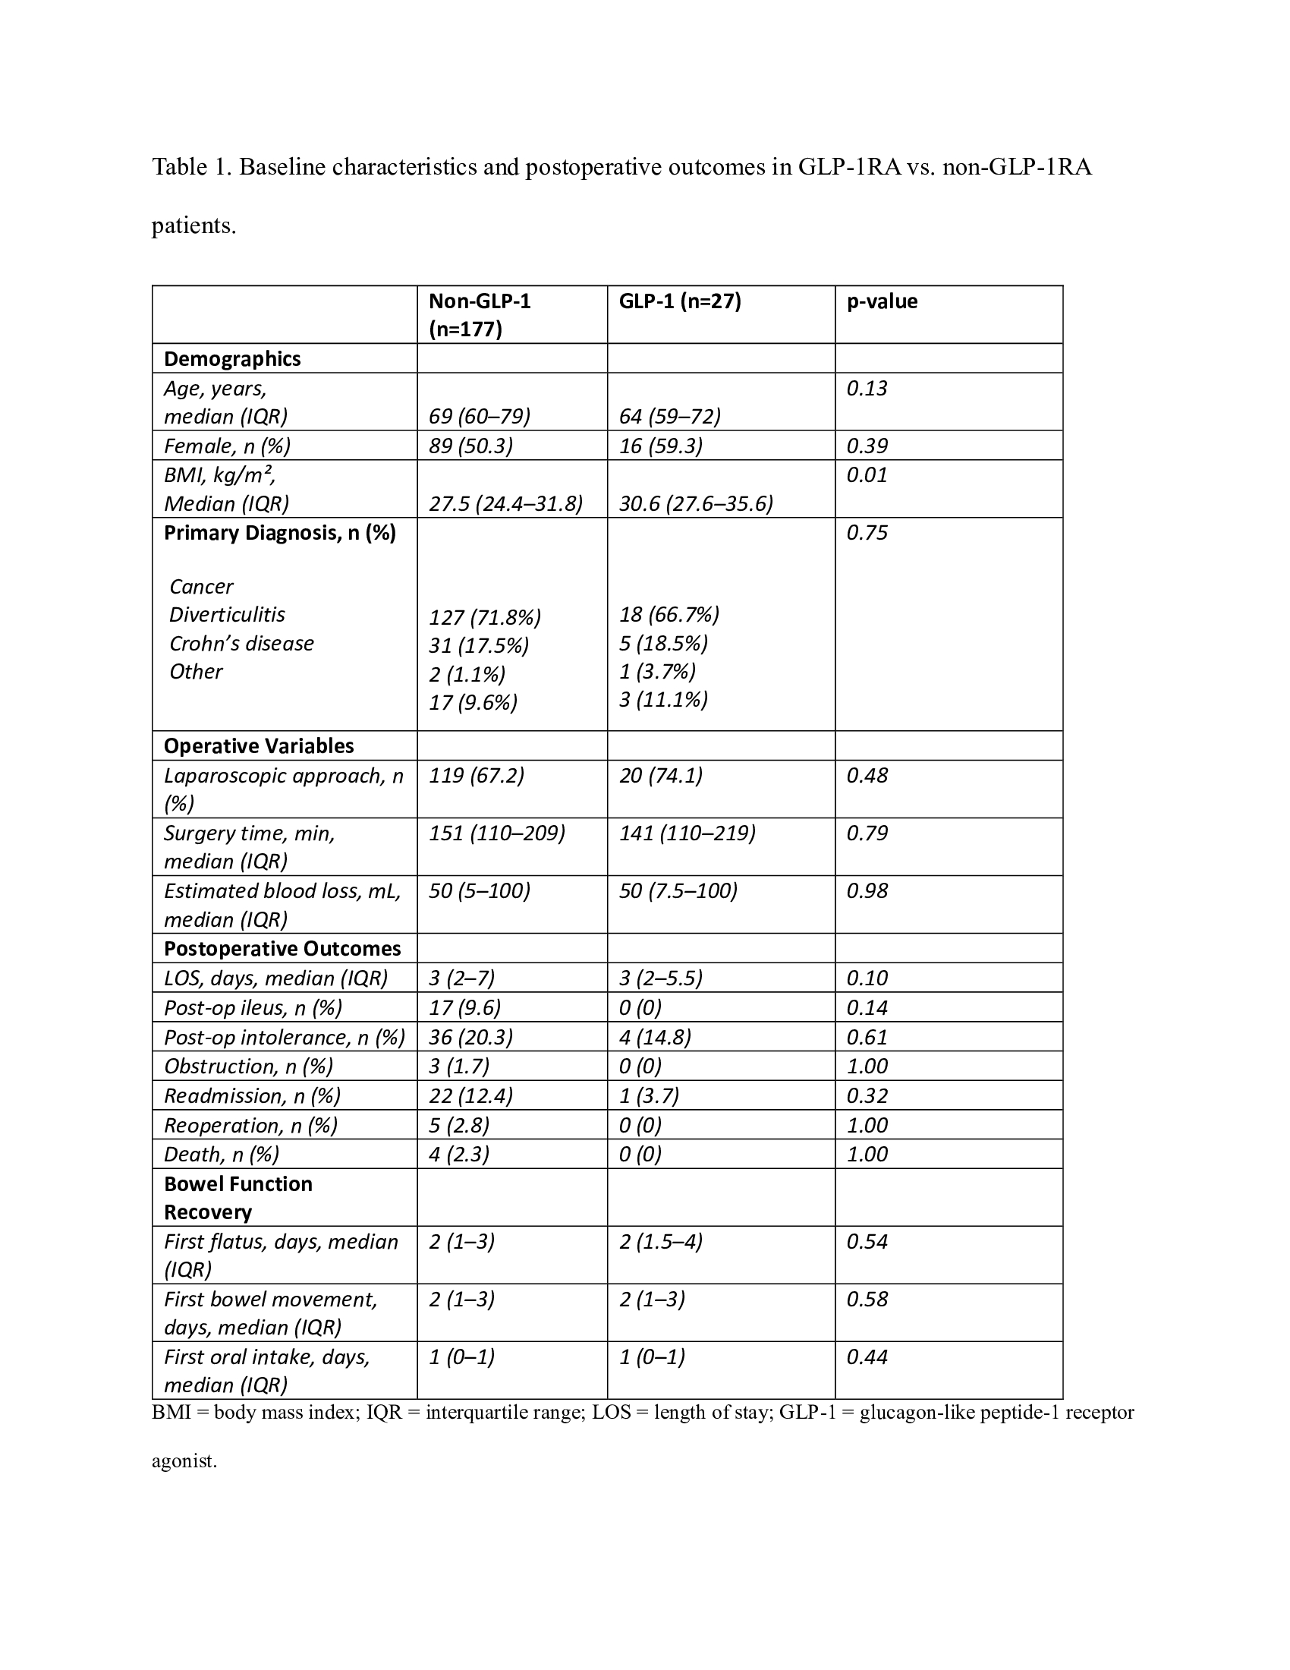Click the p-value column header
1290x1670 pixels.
tap(881, 301)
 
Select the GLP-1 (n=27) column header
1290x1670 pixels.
tap(679, 301)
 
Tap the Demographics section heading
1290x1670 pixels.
tap(232, 358)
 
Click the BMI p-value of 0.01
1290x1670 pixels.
tap(867, 475)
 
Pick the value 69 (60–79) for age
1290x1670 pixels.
tap(479, 416)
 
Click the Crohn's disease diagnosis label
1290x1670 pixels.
tap(241, 643)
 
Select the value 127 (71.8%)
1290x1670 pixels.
tap(485, 617)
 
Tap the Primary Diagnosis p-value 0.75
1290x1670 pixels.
tap(867, 533)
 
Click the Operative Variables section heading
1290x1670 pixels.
tap(259, 745)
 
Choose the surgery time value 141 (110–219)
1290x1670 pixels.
tap(687, 833)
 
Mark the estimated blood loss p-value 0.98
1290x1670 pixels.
tap(867, 891)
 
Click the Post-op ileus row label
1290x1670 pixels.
tap(253, 1008)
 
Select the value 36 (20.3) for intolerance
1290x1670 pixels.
tap(470, 1037)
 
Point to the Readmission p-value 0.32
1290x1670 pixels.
tap(867, 1095)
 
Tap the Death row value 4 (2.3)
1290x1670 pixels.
tap(458, 1154)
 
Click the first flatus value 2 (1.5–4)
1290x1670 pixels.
tap(660, 1241)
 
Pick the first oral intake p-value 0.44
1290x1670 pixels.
tap(867, 1357)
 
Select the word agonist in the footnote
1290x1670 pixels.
tap(184, 1460)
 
